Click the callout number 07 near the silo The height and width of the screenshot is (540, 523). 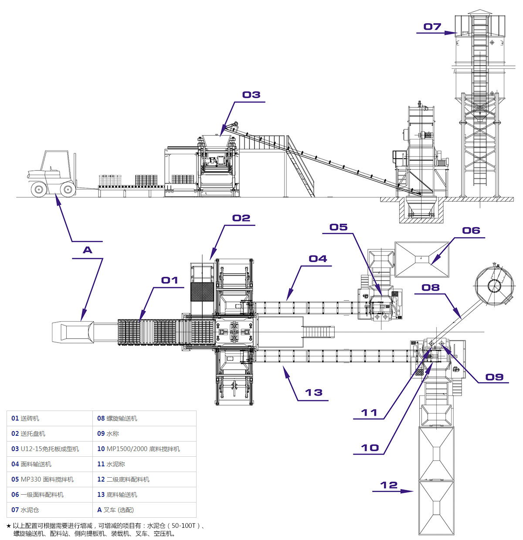pos(432,27)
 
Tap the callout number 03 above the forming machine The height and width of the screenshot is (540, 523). pos(251,95)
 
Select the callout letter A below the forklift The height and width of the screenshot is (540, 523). pos(88,250)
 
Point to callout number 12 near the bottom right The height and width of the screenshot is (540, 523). pos(389,485)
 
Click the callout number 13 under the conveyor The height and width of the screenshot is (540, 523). pos(313,393)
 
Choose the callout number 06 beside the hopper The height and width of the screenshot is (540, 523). pos(471,231)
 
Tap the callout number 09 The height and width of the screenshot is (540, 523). pos(495,377)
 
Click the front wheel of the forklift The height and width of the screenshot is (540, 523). pos(68,189)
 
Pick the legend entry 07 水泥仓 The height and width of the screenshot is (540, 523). pos(25,510)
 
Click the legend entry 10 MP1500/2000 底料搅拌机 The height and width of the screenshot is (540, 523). pos(138,449)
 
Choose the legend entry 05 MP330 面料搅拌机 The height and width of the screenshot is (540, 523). pos(42,479)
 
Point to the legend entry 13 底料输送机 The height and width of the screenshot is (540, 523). pos(117,495)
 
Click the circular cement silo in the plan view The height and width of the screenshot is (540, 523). pos(494,286)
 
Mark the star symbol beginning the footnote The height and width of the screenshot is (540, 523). pos(9,526)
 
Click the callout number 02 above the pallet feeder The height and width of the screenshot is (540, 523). pos(241,218)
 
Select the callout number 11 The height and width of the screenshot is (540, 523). pos(369,412)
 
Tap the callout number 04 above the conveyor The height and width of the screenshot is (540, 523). pos(318,259)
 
